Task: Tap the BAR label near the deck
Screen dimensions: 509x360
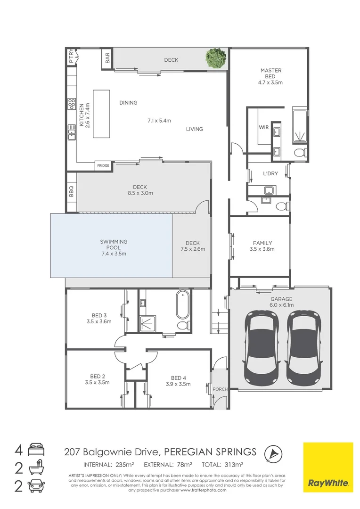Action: pyautogui.click(x=107, y=58)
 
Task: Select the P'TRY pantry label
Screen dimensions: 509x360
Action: pyautogui.click(x=71, y=57)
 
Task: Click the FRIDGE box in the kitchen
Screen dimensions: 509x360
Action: pyautogui.click(x=103, y=165)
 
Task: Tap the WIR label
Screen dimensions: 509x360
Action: pyautogui.click(x=263, y=127)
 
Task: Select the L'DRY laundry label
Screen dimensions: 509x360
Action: pyautogui.click(x=270, y=173)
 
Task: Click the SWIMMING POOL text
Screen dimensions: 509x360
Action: pyautogui.click(x=114, y=245)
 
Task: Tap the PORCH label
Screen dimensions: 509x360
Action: pyautogui.click(x=220, y=389)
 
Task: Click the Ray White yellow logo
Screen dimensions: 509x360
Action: pyautogui.click(x=328, y=467)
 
